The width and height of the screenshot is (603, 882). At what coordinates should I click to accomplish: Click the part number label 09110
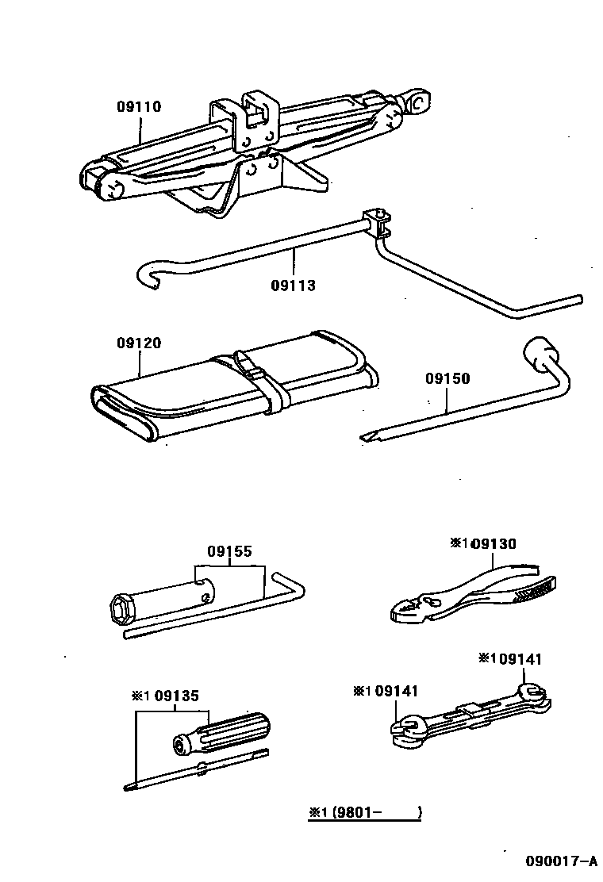pos(139,106)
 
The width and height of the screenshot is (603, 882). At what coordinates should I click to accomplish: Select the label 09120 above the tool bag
pos(139,343)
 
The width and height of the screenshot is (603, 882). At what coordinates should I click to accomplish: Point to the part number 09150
pos(447,379)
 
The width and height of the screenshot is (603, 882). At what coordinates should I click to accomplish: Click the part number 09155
pos(230,551)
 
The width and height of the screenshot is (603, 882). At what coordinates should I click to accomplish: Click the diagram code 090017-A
pos(559,861)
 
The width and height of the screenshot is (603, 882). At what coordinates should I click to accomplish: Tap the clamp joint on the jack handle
pos(377,223)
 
